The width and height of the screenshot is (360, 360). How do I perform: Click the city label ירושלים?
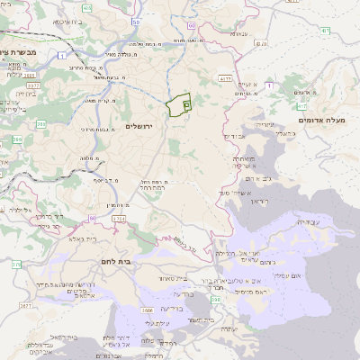pyautogui.click(x=142, y=125)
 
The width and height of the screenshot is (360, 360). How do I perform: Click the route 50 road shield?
pyautogui.click(x=134, y=20)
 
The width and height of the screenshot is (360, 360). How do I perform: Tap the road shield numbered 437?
pyautogui.click(x=261, y=41)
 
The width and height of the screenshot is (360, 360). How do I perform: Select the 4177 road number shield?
pyautogui.click(x=222, y=79)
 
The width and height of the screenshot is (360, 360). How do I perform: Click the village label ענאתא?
pyautogui.click(x=238, y=33)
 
